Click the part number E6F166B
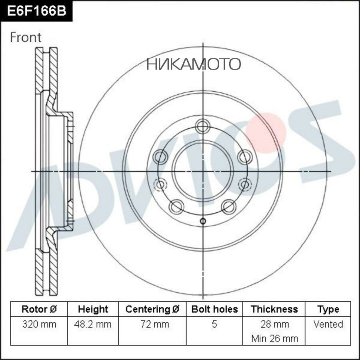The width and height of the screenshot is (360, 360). pos(36,11)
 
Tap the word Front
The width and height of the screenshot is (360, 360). pos(26,37)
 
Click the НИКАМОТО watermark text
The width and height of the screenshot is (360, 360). pos(194,64)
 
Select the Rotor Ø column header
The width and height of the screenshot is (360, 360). pos(39,309)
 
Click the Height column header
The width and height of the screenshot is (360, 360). pos(93,309)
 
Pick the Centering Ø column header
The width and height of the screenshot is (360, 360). pos(152,309)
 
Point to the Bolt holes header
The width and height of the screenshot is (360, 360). pos(214,309)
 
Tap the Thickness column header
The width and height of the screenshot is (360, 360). pos(274,309)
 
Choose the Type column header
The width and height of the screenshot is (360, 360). pos(328,309)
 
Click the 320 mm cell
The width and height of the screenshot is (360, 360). pos(39,324)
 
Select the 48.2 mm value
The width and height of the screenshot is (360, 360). pos(93,324)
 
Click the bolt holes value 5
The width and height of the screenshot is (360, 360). pos(214,324)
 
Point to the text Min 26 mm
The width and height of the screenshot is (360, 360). pos(274,338)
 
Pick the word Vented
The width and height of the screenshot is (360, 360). pos(328,324)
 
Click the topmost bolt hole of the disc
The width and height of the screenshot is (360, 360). pos(202,128)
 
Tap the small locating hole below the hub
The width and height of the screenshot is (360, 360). pos(202,221)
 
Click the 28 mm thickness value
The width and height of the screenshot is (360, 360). pos(274,324)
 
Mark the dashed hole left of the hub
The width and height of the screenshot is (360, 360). pos(160,184)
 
